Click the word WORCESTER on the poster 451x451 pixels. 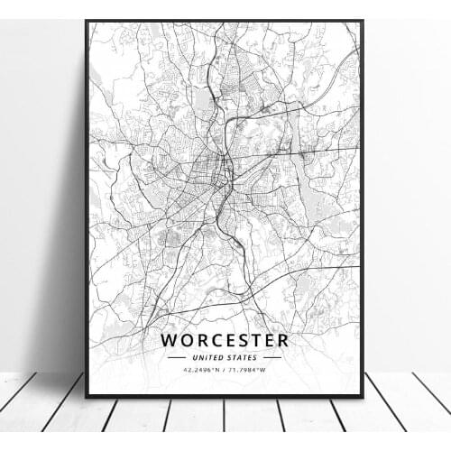click(225, 340)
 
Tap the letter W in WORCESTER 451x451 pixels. click(171, 340)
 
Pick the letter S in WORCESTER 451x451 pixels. click(243, 340)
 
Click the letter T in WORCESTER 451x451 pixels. click(255, 340)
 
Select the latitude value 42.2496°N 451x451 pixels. click(200, 369)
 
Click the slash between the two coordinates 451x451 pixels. click(225, 369)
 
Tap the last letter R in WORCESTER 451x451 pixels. click(282, 340)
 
